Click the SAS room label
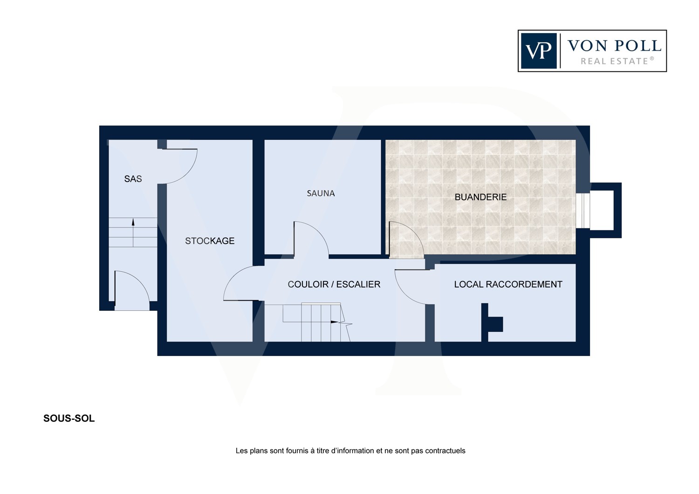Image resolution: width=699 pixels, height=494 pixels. [x=133, y=179]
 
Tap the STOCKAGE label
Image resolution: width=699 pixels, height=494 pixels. [x=210, y=241]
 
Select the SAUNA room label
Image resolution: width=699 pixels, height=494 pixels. [x=321, y=193]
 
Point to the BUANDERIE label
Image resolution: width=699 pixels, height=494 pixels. [x=480, y=197]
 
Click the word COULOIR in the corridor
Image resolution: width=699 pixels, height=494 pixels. [x=308, y=284]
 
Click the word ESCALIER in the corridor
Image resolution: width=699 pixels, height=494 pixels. [x=358, y=284]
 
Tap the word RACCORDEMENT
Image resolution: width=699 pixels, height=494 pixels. [x=524, y=284]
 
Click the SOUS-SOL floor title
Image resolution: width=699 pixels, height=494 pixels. [x=69, y=419]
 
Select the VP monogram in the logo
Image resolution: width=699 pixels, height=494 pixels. [x=539, y=51]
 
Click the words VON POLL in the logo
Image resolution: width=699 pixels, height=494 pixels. [x=614, y=46]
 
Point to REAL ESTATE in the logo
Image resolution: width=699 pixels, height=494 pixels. [x=617, y=61]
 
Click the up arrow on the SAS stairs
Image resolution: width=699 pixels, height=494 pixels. [x=133, y=233]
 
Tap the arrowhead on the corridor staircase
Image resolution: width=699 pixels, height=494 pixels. [x=335, y=322]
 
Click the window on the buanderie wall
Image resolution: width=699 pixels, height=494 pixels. [x=583, y=211]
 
